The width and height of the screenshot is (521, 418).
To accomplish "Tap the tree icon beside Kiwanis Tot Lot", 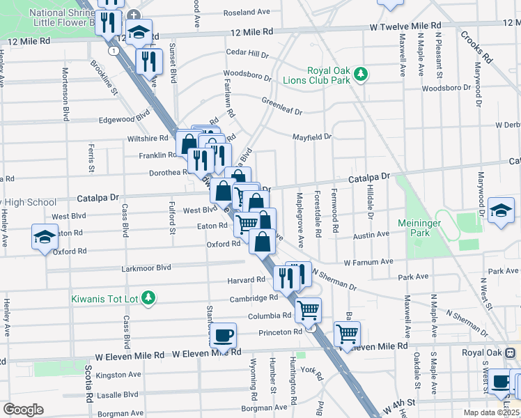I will tap(148, 298).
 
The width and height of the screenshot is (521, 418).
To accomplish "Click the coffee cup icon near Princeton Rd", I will tap(223, 336).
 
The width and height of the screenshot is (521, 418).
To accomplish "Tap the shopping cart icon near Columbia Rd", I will tap(307, 309).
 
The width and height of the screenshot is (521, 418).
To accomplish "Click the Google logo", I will tap(22, 409).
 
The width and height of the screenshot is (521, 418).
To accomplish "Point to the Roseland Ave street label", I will tap(246, 13).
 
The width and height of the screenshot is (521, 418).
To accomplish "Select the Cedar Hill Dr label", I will tap(247, 54).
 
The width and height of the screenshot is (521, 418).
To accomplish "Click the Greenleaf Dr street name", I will tap(282, 106).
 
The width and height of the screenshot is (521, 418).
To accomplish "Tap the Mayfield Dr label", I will tap(311, 137).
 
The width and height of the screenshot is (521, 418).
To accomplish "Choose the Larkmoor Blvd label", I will tap(146, 268).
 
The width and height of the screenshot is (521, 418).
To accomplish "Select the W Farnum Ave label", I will tap(369, 262).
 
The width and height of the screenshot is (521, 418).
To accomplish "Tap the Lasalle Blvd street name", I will tap(118, 394).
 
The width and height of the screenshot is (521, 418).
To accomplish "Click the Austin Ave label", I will tap(370, 235).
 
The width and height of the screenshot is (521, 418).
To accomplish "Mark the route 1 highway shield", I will tap(112, 51).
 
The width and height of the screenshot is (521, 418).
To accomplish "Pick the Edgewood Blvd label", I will tap(125, 118).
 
